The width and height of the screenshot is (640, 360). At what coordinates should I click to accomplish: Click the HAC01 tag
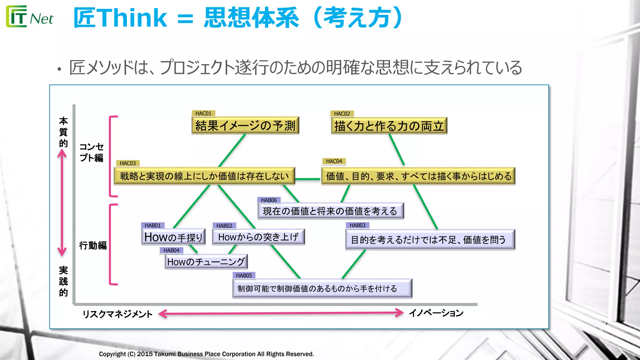point(203,113)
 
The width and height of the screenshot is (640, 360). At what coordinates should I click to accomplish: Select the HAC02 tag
point(342,114)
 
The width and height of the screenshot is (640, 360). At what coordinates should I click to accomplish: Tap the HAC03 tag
point(128,163)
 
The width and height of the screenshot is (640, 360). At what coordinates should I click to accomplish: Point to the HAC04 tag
point(334,161)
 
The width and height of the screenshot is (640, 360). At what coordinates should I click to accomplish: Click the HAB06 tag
point(269,200)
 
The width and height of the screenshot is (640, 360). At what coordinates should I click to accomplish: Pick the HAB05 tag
point(244,275)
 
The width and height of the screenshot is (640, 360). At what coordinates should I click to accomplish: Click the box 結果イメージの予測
point(245,126)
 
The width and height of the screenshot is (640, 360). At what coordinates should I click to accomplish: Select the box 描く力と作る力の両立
point(389,126)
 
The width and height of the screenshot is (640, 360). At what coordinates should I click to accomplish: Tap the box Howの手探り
point(173,237)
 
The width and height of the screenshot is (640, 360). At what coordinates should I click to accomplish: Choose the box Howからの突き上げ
point(258,237)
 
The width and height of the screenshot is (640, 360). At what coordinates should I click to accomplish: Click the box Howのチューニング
point(206,262)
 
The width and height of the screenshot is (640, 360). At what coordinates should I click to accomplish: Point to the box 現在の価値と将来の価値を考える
point(330,211)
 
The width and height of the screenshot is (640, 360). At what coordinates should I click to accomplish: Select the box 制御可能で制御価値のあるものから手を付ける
point(322,288)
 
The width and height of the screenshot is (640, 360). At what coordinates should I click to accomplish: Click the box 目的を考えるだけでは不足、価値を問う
point(430,240)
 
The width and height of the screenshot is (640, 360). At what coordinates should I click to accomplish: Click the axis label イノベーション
point(436,313)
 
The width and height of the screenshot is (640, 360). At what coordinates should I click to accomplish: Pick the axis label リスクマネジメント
point(117,314)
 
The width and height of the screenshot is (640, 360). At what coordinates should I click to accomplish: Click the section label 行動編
point(93,245)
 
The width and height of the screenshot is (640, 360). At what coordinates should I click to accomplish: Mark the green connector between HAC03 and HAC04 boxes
point(308,179)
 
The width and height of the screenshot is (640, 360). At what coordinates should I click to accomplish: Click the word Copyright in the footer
point(112,354)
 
